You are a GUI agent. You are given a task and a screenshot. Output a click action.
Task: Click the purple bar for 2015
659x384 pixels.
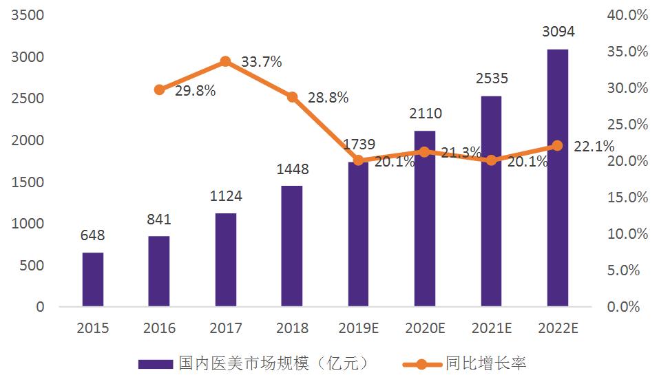pos(93,279)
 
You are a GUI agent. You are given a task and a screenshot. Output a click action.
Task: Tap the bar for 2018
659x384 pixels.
pos(292,246)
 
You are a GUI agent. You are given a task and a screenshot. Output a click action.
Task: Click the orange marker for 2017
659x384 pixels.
pos(225,62)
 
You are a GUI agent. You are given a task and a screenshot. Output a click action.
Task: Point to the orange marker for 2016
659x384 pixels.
pos(160,89)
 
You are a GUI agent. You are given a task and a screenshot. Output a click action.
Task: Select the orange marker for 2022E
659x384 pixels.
pos(557,146)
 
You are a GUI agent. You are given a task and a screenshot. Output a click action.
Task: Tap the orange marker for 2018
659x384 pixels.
pos(292,97)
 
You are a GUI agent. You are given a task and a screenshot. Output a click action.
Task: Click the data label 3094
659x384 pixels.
pos(558,32)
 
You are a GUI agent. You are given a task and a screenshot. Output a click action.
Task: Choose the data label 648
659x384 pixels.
pos(93,236)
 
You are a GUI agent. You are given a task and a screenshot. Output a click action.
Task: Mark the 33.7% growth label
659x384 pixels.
pos(262,62)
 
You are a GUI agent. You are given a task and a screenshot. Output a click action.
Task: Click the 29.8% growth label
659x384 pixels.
pos(195,91)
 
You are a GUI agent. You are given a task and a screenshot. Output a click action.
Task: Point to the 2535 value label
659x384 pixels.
pos(492,78)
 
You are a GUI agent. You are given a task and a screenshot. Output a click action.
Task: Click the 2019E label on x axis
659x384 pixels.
pos(358,328)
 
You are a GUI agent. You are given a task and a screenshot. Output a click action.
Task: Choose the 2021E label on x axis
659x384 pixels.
pos(492,328)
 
